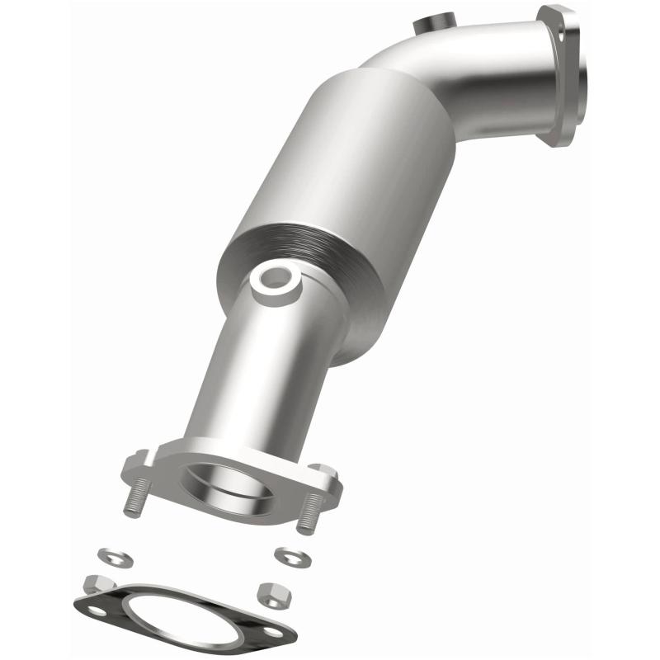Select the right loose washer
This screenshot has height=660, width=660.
click(291, 557)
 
